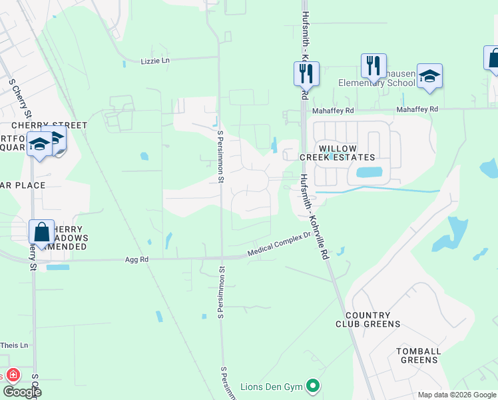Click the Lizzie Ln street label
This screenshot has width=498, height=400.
point(156,61)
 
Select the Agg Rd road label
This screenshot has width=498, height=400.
point(135,261)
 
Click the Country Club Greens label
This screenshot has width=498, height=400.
point(373,319)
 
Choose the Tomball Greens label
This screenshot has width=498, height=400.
point(418,355)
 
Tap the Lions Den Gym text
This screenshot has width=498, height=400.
point(275,385)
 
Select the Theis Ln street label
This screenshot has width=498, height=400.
point(15,345)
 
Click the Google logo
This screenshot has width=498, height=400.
point(21,391)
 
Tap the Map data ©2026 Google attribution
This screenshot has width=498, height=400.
point(457,395)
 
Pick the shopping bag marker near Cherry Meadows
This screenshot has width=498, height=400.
point(41,233)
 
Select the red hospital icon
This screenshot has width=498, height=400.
point(12,375)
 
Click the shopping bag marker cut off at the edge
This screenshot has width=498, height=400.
point(493,58)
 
